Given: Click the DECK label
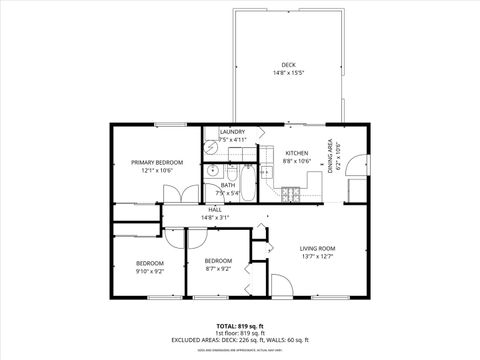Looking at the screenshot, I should (288, 65).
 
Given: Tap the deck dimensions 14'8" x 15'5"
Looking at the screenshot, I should (288, 73).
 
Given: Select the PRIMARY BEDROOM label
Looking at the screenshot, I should (154, 162).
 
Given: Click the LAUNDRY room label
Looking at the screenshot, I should (232, 132).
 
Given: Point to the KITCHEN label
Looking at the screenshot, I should (297, 153).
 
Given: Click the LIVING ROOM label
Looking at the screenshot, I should (319, 248).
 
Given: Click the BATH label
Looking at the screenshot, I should (228, 185).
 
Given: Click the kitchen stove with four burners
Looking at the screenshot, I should (290, 191).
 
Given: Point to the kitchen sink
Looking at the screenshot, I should (267, 172).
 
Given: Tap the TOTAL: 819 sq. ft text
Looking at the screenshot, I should (240, 326).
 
